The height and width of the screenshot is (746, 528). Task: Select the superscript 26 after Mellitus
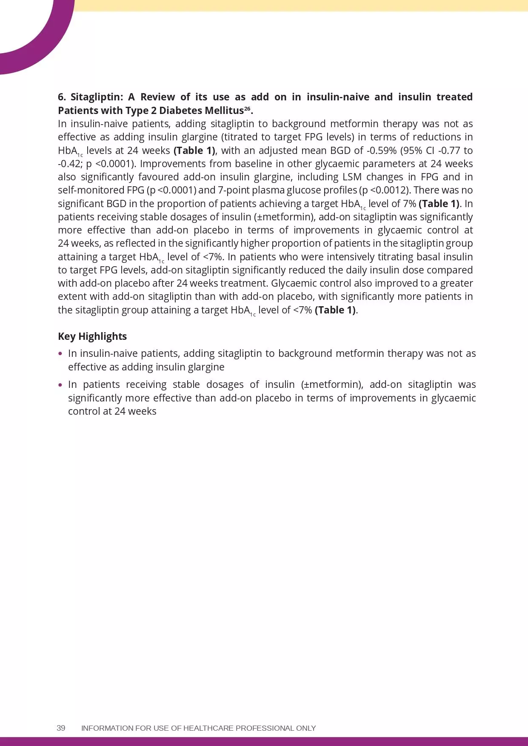tap(247, 108)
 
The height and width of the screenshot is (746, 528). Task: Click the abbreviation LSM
tap(352, 177)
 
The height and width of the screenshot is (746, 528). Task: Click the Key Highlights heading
tap(92, 336)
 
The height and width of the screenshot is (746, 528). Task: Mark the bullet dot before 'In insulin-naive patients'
tap(60, 354)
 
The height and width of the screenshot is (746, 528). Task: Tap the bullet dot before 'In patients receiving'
tap(60, 385)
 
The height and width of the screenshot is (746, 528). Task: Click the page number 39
tap(61, 728)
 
